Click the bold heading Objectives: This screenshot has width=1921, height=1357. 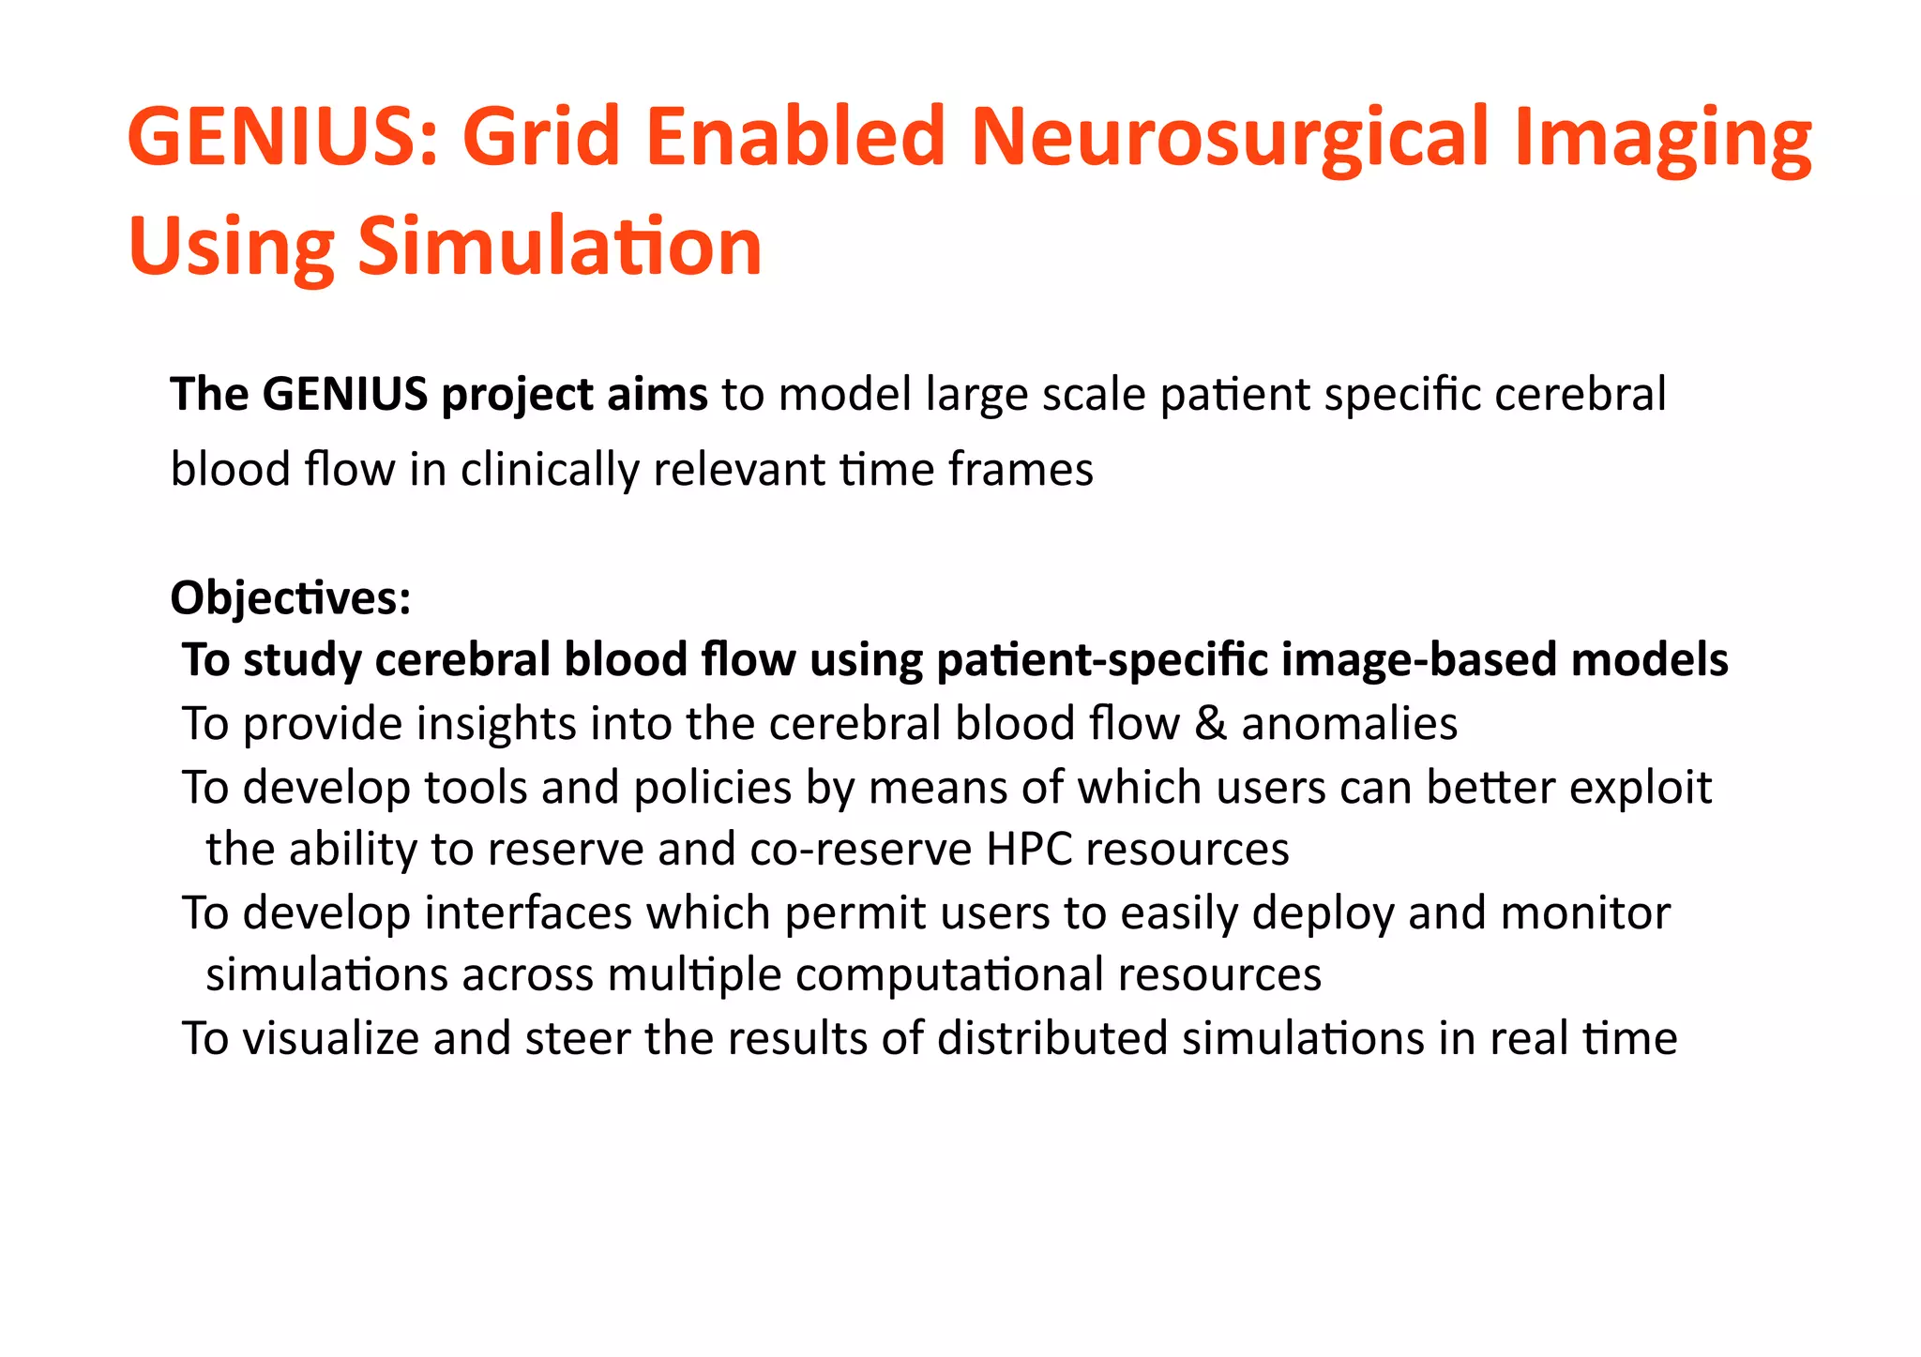(x=291, y=598)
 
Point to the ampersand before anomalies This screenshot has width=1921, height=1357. (x=1210, y=724)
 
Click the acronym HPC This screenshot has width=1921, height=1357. (x=1029, y=850)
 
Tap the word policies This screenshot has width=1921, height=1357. (x=712, y=788)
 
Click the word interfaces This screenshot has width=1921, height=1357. (x=528, y=913)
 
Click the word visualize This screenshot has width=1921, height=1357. (x=330, y=1039)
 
